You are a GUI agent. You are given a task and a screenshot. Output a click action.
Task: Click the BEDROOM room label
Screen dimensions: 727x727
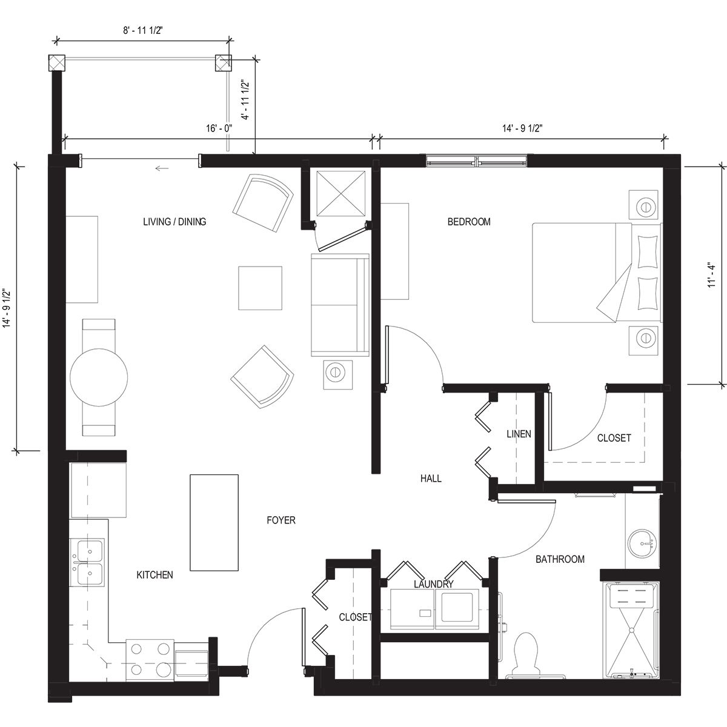[469, 222]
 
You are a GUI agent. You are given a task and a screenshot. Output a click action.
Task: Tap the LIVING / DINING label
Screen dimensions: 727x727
[174, 222]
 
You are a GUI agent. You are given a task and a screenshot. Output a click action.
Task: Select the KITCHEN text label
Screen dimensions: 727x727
[154, 575]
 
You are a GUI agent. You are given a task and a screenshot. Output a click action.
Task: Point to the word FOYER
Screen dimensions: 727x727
[281, 520]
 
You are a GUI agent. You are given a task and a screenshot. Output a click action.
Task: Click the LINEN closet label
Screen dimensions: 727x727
[519, 434]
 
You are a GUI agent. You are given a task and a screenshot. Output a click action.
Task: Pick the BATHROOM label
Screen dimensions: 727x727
[560, 559]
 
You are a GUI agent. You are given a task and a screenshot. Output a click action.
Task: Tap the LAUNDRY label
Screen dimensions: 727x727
[433, 585]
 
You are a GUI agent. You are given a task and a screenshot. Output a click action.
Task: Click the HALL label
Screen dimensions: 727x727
[431, 479]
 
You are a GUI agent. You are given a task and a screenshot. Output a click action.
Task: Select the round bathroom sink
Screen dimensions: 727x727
[640, 543]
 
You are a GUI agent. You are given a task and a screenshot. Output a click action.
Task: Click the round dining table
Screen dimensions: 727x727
[99, 377]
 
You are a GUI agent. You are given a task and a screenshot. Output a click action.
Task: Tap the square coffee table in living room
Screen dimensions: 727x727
[260, 288]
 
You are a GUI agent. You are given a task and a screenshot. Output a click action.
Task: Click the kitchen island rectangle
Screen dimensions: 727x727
[214, 522]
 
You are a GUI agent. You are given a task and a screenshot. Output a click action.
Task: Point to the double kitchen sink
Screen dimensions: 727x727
[88, 562]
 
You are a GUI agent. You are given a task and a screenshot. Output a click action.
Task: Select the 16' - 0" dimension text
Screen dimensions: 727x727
[219, 129]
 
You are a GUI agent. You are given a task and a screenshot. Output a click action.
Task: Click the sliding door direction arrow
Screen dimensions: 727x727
[161, 168]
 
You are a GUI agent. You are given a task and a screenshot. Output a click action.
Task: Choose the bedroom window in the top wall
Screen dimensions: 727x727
[477, 161]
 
